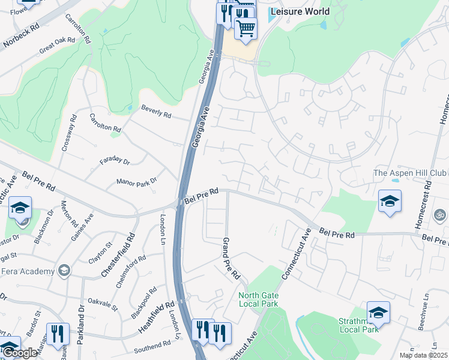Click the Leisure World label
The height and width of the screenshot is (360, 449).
[300, 11]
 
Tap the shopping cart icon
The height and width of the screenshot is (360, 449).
[246, 29]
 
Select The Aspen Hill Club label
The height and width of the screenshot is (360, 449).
[411, 173]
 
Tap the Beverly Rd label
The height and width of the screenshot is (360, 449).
[156, 111]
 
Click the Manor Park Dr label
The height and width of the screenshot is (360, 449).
[136, 181]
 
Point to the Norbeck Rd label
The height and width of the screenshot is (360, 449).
[21, 36]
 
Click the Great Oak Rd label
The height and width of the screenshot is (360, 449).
[57, 46]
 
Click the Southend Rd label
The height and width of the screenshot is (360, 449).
[152, 347]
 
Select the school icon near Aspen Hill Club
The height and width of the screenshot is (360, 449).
[390, 202]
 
